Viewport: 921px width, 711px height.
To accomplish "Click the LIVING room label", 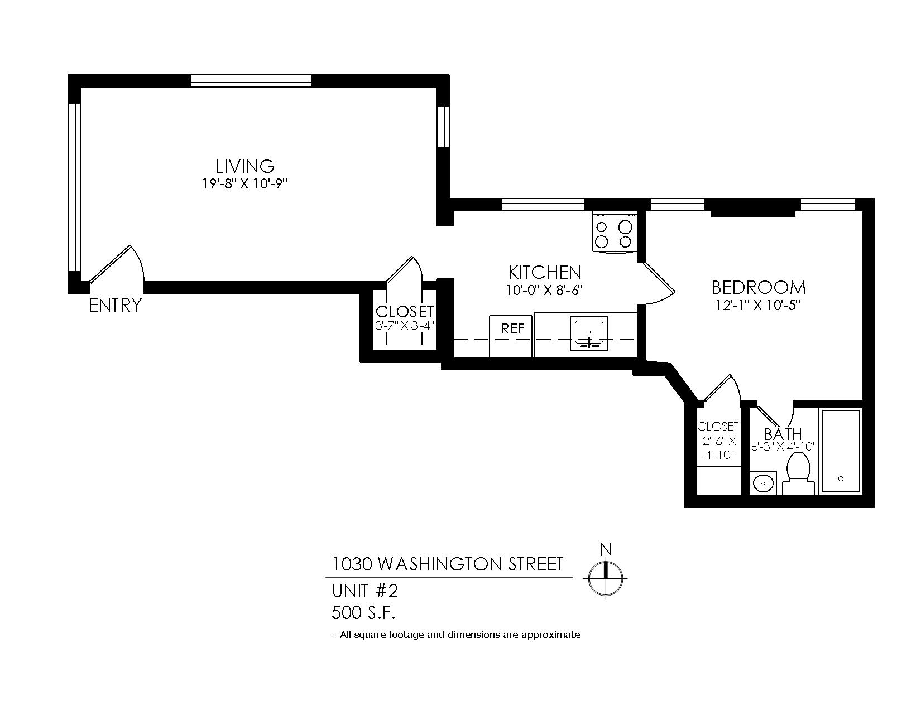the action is click(x=245, y=166).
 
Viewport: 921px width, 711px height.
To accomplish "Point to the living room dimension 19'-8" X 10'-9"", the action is click(x=245, y=184).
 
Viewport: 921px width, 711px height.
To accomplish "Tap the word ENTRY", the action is click(x=115, y=306).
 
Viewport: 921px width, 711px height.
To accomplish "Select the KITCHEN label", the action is click(x=544, y=272).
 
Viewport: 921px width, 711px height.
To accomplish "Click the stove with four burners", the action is click(x=614, y=232).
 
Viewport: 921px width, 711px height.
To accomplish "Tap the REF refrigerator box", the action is click(x=511, y=336).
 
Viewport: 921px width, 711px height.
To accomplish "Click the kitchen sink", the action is click(x=589, y=333).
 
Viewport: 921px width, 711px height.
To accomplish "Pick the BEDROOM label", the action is click(x=758, y=288).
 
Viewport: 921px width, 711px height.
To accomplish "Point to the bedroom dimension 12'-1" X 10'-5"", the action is click(x=758, y=306).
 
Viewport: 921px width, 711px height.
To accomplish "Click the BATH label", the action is click(x=783, y=434).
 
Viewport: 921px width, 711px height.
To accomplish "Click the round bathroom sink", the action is click(x=763, y=483).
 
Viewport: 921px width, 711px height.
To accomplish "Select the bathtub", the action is click(x=841, y=451).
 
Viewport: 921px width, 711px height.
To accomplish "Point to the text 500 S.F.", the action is click(x=363, y=612).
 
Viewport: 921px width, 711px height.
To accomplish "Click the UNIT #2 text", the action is click(x=365, y=591).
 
